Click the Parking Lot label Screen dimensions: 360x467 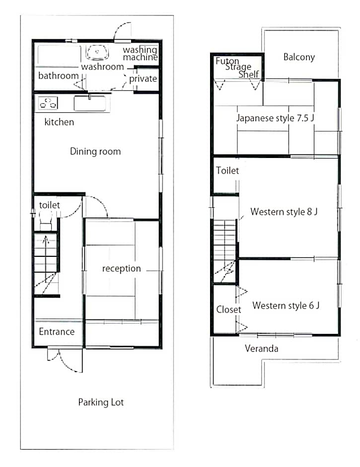point(101,402)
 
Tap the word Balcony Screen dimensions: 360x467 point(299,57)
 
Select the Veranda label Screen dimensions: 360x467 point(262,348)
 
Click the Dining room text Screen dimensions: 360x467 point(95,152)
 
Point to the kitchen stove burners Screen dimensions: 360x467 point(48,103)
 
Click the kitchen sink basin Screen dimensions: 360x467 point(90,103)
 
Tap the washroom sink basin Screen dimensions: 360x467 point(97,52)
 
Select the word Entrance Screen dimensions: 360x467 point(57,331)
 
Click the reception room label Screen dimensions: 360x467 point(122,269)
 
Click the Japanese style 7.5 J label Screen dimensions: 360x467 point(275,118)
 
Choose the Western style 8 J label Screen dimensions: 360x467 point(284,212)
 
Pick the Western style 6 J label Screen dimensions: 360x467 point(286,306)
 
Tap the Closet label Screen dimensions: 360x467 point(228,310)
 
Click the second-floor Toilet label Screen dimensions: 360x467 point(227,171)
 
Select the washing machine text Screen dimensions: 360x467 point(140,53)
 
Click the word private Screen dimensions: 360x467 point(143,79)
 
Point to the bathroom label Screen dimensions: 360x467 point(59,76)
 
